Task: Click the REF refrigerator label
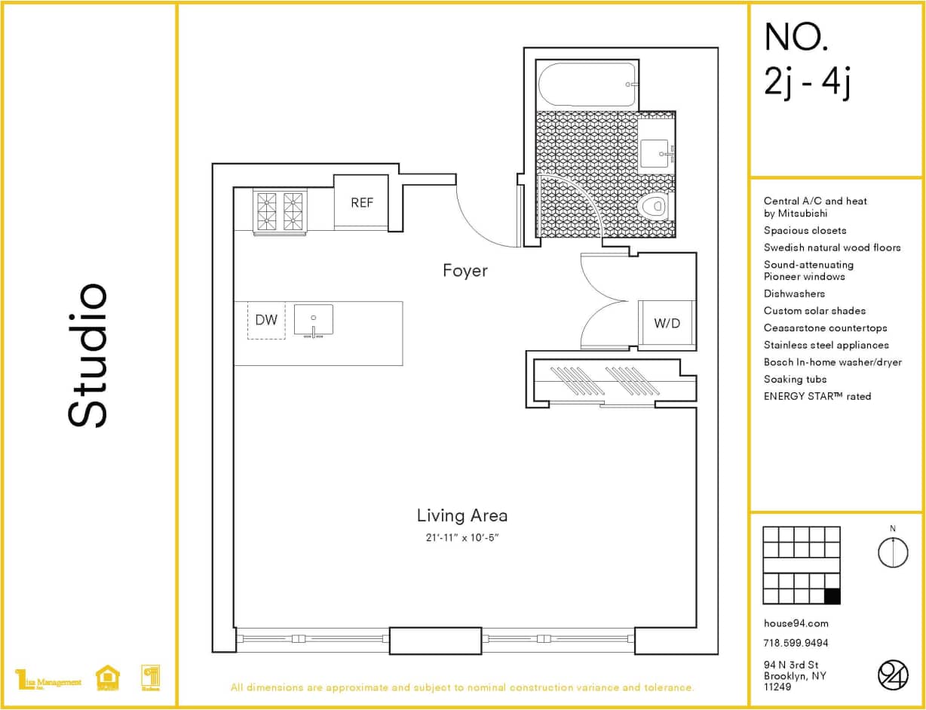[362, 203]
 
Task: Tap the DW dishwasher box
[266, 320]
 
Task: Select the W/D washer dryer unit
[667, 324]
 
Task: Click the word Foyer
[465, 271]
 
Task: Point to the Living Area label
[461, 515]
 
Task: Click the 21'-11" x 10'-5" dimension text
[461, 537]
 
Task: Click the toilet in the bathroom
[654, 206]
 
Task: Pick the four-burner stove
[280, 211]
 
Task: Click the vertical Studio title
[88, 355]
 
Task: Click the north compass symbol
[893, 552]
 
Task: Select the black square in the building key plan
[832, 596]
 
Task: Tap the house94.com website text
[796, 623]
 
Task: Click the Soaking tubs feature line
[795, 380]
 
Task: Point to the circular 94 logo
[893, 675]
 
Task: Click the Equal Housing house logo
[108, 678]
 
